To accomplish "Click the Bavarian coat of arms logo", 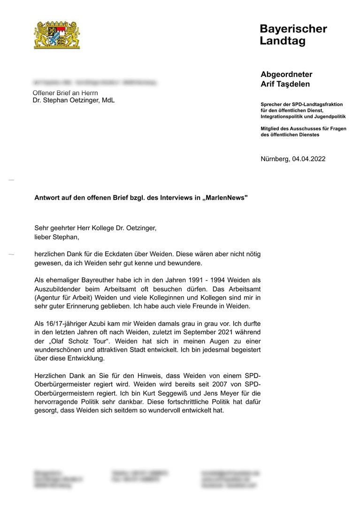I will tap(57, 34).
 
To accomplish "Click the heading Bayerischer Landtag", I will tap(293, 35).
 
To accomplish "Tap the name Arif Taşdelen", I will tap(285, 84).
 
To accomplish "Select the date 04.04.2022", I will tap(308, 159).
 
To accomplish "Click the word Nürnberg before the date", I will tap(275, 159).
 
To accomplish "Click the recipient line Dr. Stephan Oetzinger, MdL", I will tap(73, 100).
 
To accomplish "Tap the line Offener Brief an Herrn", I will tap(65, 93).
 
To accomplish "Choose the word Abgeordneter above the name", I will tap(286, 74).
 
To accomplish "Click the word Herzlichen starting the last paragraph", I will tap(53, 376).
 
